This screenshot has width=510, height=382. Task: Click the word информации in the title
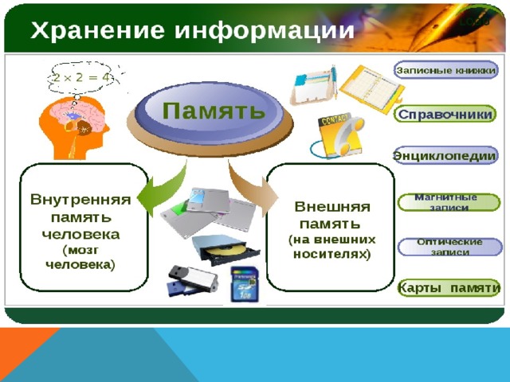[x=265, y=31]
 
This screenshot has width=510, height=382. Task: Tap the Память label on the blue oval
[x=214, y=110]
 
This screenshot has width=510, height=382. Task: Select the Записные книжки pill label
[x=446, y=70]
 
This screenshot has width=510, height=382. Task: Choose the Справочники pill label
[x=445, y=115]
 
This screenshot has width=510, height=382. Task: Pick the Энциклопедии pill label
[x=445, y=156]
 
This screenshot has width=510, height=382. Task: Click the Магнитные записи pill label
[x=449, y=202]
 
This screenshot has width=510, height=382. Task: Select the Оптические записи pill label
[x=449, y=247]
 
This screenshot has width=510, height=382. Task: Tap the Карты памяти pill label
[x=449, y=288]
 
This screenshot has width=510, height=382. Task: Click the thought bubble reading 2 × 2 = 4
[x=81, y=78]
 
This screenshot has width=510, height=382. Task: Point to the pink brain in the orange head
[x=78, y=115]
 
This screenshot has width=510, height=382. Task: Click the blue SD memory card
[x=245, y=284]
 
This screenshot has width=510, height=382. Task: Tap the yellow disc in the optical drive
[x=225, y=250]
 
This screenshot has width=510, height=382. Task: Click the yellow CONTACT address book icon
[x=340, y=135]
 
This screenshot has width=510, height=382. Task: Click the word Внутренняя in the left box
[x=80, y=200]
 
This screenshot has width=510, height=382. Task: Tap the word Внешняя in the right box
[x=332, y=207]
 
